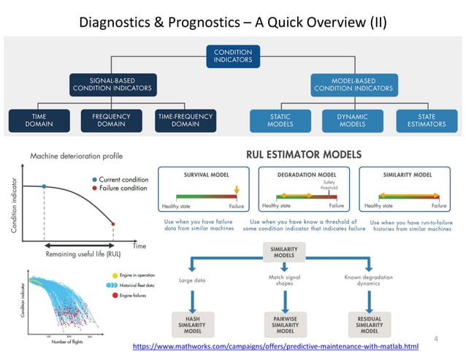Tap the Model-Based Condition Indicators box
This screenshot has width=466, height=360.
click(x=353, y=85)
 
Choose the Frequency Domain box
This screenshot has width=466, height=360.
click(x=110, y=120)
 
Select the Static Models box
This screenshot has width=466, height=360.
click(x=279, y=120)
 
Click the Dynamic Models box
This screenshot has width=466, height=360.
click(x=353, y=120)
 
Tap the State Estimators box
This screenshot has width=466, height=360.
click(x=427, y=120)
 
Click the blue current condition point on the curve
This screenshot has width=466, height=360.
click(x=44, y=187)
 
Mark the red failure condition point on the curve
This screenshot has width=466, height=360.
click(x=113, y=223)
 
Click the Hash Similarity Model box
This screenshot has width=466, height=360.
click(x=194, y=321)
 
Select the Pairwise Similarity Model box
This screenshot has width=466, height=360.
click(x=285, y=321)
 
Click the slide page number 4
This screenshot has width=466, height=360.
click(x=436, y=338)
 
